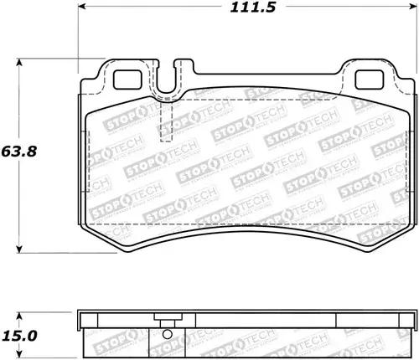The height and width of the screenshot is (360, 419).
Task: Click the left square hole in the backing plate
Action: click(x=127, y=80)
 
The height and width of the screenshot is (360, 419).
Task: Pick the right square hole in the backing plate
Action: click(x=370, y=80)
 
